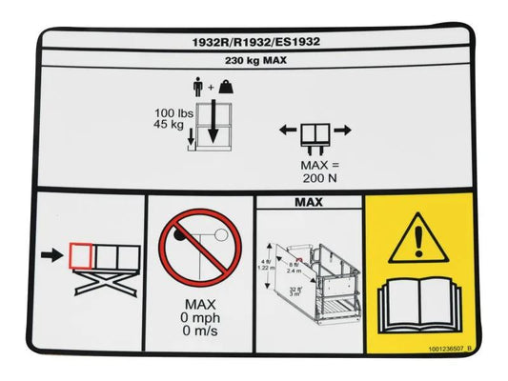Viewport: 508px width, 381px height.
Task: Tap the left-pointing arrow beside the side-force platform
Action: point(286,130)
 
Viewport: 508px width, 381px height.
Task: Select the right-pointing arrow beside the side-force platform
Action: point(342,130)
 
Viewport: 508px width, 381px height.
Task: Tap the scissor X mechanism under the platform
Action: point(99,283)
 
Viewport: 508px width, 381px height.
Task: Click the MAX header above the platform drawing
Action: point(309,202)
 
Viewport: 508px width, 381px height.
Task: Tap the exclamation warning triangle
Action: point(418,238)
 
